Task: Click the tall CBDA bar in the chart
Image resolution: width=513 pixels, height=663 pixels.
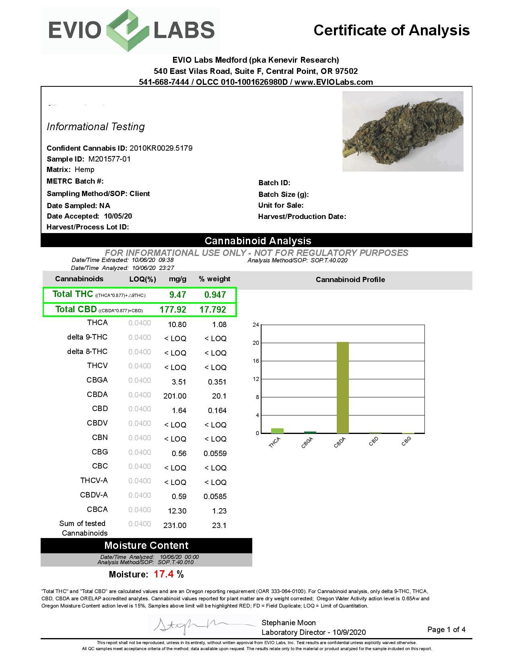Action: pyautogui.click(x=342, y=388)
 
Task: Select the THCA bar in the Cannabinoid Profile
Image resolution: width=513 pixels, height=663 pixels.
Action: pyautogui.click(x=277, y=431)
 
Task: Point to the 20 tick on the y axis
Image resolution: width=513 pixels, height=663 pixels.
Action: pyautogui.click(x=256, y=343)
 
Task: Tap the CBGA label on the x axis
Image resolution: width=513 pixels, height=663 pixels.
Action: pyautogui.click(x=307, y=442)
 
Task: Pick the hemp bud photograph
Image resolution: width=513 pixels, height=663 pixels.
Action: pyautogui.click(x=402, y=131)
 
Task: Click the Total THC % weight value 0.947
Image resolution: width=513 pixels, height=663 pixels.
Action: pyautogui.click(x=215, y=295)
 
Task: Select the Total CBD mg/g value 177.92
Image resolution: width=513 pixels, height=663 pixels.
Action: pyautogui.click(x=173, y=309)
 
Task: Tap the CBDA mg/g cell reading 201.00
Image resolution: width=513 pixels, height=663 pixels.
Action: pyautogui.click(x=175, y=396)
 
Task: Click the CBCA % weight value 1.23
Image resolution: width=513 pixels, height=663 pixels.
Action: pyautogui.click(x=219, y=511)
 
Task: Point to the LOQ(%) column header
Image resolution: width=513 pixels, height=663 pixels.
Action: pyautogui.click(x=142, y=279)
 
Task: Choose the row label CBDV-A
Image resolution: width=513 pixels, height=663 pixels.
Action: pyautogui.click(x=94, y=495)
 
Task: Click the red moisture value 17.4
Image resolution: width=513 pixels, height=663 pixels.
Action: pyautogui.click(x=164, y=574)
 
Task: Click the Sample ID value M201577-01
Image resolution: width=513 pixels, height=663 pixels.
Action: pyautogui.click(x=109, y=159)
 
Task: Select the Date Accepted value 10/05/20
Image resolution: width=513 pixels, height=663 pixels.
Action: pyautogui.click(x=118, y=216)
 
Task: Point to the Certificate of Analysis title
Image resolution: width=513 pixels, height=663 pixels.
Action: pyautogui.click(x=391, y=30)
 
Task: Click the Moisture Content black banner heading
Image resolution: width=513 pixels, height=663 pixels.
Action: pyautogui.click(x=146, y=545)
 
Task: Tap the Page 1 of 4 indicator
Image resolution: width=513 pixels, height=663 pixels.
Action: pyautogui.click(x=446, y=630)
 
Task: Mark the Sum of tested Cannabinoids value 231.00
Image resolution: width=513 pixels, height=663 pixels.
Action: pyautogui.click(x=175, y=526)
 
